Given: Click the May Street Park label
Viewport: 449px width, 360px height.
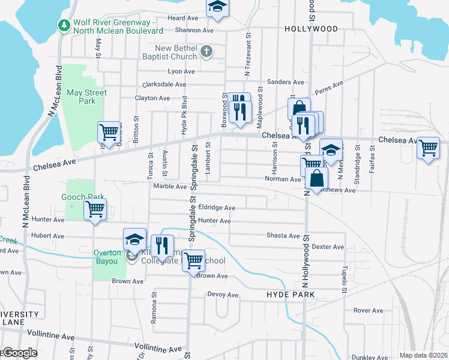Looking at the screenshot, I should point(86,97).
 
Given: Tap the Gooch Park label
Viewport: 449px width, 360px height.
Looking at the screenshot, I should point(83,197).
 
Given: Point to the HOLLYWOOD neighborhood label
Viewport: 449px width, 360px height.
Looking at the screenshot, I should point(311,29).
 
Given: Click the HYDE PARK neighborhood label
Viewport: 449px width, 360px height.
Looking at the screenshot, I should point(291,295).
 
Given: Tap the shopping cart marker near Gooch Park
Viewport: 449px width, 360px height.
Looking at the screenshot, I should point(95,209).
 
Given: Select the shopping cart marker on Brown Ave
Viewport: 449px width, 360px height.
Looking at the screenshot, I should point(193,260).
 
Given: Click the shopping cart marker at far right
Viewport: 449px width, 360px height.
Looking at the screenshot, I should point(427,147).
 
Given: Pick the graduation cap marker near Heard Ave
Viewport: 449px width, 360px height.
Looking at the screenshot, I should point(217,7).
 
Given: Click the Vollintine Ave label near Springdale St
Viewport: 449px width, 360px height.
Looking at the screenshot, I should point(158,348).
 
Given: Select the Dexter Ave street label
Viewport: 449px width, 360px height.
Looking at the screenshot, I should point(328,247).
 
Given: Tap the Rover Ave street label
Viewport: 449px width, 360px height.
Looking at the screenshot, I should point(368,310).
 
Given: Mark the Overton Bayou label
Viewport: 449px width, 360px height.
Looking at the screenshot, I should point(107,253).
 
